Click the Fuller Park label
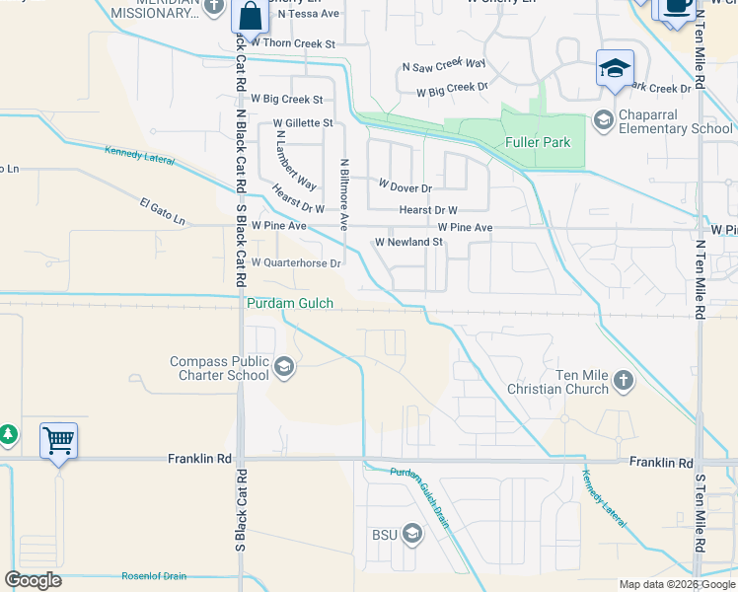pyautogui.click(x=538, y=143)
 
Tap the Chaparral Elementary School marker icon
pyautogui.click(x=603, y=121)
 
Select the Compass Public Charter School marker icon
pyautogui.click(x=283, y=369)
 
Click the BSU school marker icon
pyautogui.click(x=411, y=535)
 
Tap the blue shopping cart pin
pyautogui.click(x=59, y=440)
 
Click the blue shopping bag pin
pyautogui.click(x=250, y=17)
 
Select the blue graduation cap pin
pyautogui.click(x=615, y=69)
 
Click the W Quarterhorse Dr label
pyautogui.click(x=296, y=263)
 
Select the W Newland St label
pyautogui.click(x=408, y=242)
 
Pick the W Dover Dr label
pyautogui.click(x=406, y=186)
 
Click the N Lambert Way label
pyautogui.click(x=296, y=160)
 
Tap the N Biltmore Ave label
pyautogui.click(x=343, y=194)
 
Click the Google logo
pyautogui.click(x=33, y=580)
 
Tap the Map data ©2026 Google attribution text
pyautogui.click(x=676, y=584)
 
